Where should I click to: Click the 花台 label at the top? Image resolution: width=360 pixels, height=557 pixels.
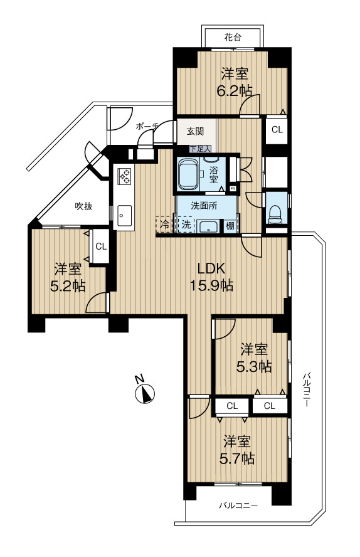(233, 36)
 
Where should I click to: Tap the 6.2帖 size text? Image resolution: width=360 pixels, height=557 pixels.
(235, 92)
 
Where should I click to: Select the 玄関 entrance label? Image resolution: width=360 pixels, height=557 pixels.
(195, 131)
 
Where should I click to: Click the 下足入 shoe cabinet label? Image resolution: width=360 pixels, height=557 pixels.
(200, 149)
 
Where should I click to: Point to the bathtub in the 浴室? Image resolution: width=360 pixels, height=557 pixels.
(188, 174)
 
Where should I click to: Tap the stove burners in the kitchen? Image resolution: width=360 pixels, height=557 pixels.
(125, 176)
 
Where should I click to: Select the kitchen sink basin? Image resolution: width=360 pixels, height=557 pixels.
(122, 215)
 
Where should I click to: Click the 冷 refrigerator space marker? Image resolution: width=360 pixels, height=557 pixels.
(165, 224)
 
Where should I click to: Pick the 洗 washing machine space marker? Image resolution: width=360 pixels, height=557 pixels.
(186, 224)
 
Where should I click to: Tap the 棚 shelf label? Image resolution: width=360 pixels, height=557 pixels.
(230, 225)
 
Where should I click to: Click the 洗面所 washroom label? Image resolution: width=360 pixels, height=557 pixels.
(204, 206)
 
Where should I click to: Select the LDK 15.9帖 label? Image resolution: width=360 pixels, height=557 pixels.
(211, 277)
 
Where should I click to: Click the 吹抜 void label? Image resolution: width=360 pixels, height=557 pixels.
(84, 206)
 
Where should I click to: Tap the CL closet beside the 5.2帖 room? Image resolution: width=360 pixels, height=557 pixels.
(101, 247)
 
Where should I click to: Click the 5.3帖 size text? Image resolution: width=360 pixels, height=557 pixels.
(254, 366)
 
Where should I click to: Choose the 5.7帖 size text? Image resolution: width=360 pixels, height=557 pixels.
(237, 459)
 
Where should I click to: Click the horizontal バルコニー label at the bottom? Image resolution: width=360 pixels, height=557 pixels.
(238, 505)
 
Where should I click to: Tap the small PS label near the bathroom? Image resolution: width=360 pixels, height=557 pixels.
(233, 188)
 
